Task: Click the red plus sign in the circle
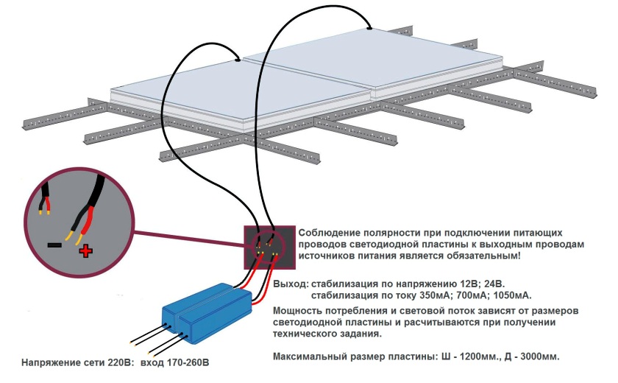click(86, 252)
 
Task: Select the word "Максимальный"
click(309, 357)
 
